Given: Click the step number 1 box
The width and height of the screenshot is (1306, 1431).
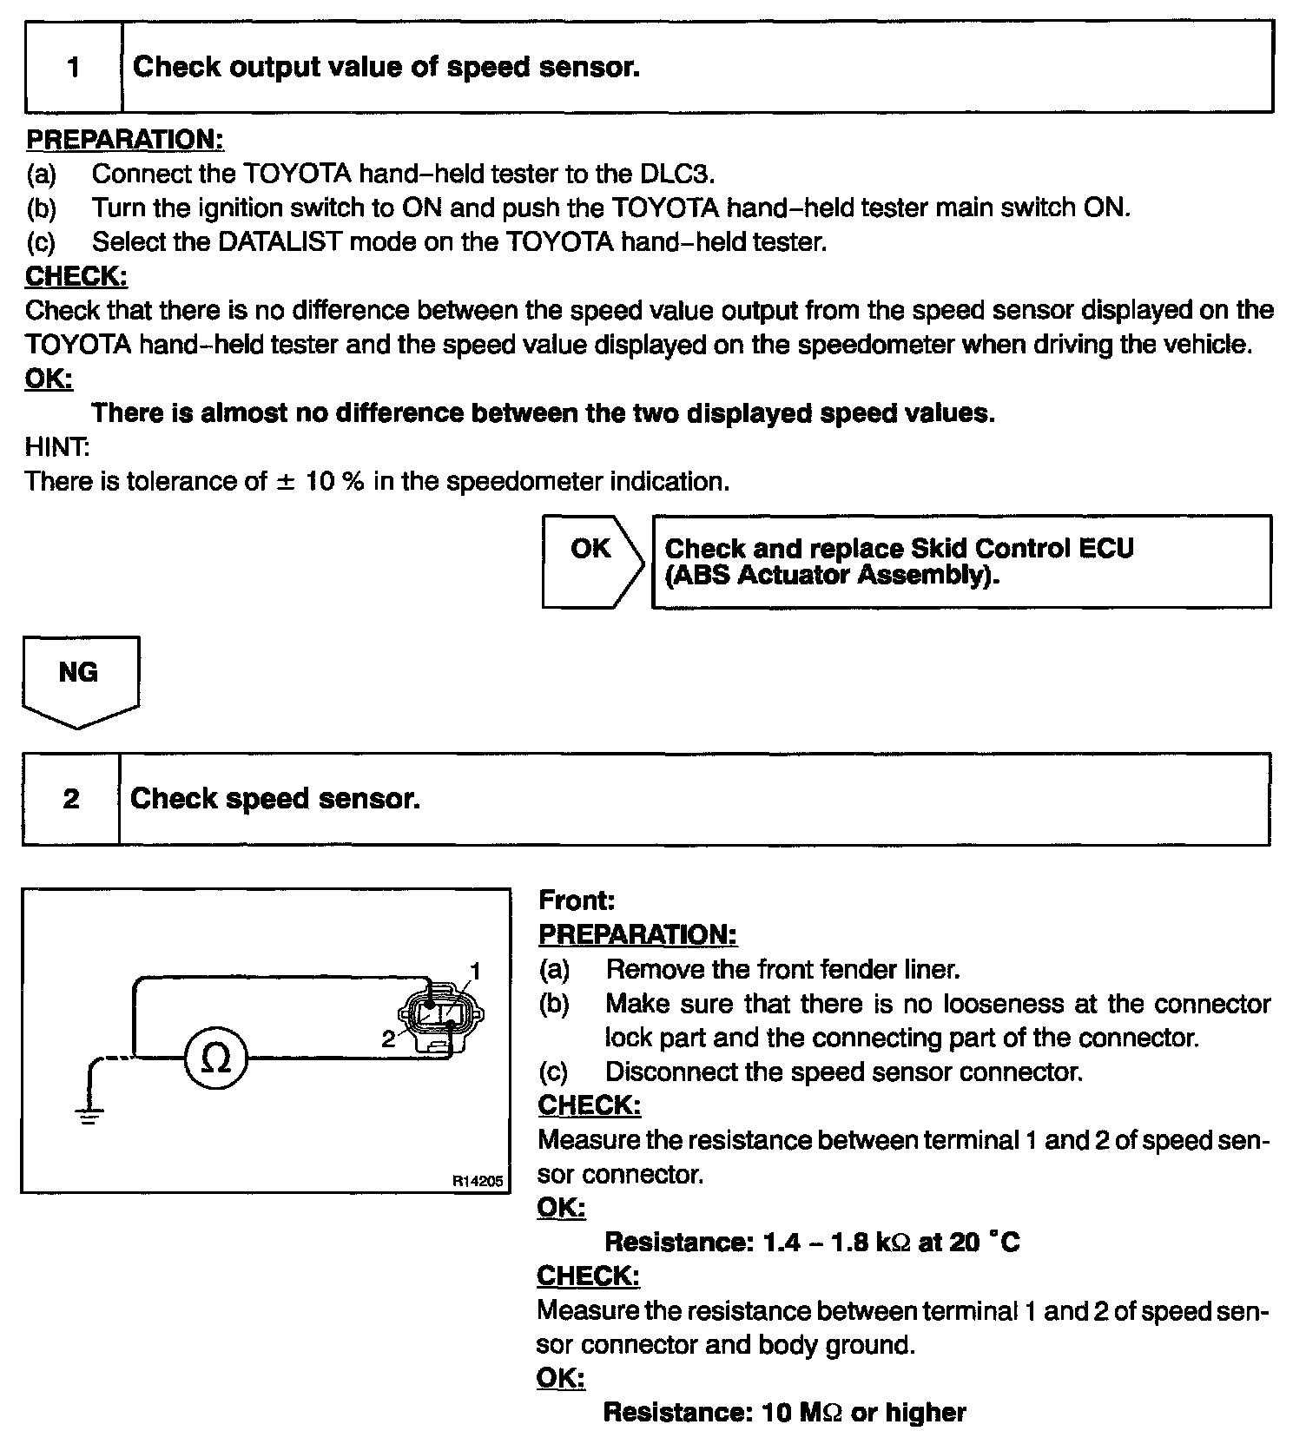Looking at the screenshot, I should [x=74, y=67].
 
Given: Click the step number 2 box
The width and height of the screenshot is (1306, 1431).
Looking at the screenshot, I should [x=71, y=799].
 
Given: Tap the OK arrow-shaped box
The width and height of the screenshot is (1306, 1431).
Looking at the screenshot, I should [x=591, y=561].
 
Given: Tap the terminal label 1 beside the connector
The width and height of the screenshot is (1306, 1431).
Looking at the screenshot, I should [x=475, y=970].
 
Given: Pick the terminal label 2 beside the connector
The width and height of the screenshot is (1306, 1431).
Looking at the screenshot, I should [x=388, y=1038].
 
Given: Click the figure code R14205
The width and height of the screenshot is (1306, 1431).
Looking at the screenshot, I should [x=477, y=1181].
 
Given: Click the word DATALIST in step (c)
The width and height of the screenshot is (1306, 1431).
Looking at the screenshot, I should [x=280, y=241].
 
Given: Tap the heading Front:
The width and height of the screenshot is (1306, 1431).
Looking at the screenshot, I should [x=577, y=900].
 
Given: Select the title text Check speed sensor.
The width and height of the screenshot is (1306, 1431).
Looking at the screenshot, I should [x=274, y=799].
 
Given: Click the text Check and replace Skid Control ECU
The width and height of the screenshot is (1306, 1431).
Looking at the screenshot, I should [x=899, y=549].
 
